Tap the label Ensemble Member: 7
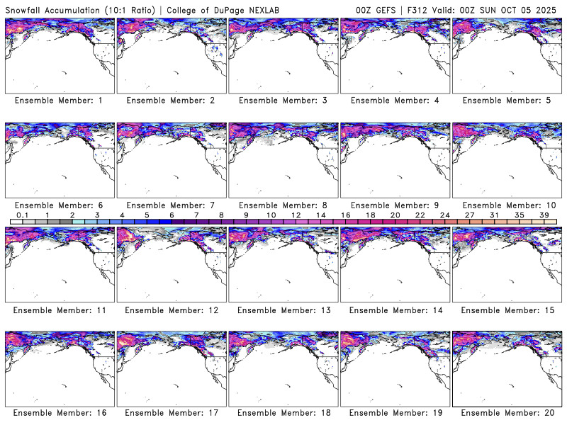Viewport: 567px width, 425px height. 169,205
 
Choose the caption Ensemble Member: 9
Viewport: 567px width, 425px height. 393,205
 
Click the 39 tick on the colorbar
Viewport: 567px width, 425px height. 544,215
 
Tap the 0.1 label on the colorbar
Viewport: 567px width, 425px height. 22,215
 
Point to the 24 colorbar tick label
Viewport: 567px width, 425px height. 444,215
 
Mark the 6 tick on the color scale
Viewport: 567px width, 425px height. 172,215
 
